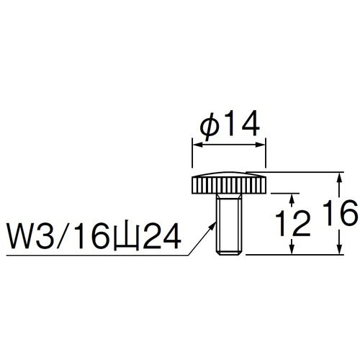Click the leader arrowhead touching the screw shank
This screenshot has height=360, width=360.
coord(215,225)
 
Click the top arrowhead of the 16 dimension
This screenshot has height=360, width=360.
coord(338,176)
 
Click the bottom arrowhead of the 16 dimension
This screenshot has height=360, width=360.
coord(338,251)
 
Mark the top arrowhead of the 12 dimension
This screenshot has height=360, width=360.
coord(292,197)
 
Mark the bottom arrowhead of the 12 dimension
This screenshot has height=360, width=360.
coord(292,251)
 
